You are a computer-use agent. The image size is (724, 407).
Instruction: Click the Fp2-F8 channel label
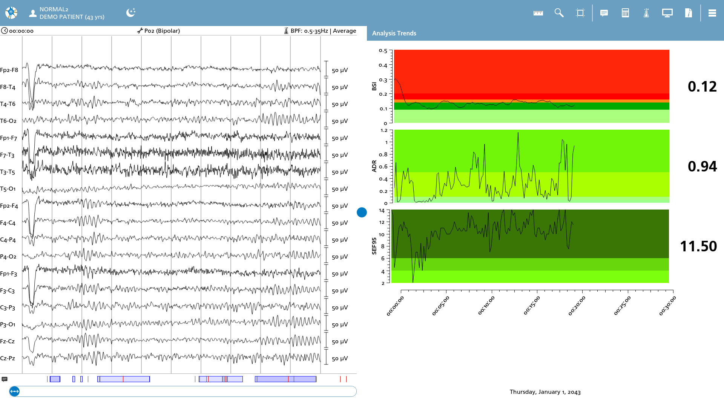[x=9, y=70]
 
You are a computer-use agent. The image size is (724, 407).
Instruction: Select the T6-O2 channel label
[x=8, y=121]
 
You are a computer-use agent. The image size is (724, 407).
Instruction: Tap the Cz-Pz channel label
[x=8, y=358]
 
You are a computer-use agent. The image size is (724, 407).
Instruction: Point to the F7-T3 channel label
[x=7, y=155]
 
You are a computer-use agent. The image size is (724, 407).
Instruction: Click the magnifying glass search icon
[x=559, y=13]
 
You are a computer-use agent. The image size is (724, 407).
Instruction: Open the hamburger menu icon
[x=712, y=13]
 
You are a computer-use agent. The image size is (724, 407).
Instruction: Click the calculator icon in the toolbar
[x=625, y=13]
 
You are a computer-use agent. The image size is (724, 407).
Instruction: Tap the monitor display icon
[x=667, y=13]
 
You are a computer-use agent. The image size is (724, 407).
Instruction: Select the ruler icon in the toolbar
[x=538, y=13]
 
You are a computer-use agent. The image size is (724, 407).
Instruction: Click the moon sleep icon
[x=130, y=13]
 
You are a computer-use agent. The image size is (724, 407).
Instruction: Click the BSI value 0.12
[x=702, y=87]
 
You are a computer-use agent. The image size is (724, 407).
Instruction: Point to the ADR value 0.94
[x=702, y=167]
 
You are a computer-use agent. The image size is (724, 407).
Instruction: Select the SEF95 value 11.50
[x=698, y=246]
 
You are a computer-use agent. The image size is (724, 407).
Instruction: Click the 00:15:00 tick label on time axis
[x=532, y=305]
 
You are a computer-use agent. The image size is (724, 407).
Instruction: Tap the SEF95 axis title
[x=374, y=246]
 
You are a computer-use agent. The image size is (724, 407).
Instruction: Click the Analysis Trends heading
[x=394, y=33]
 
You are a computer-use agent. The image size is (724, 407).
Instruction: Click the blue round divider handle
[x=362, y=213]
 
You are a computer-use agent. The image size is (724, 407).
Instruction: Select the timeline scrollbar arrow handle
[x=14, y=392]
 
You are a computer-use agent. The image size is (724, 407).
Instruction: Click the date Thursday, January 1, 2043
[x=545, y=392]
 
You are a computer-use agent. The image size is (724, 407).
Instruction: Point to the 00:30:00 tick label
[x=667, y=305]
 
